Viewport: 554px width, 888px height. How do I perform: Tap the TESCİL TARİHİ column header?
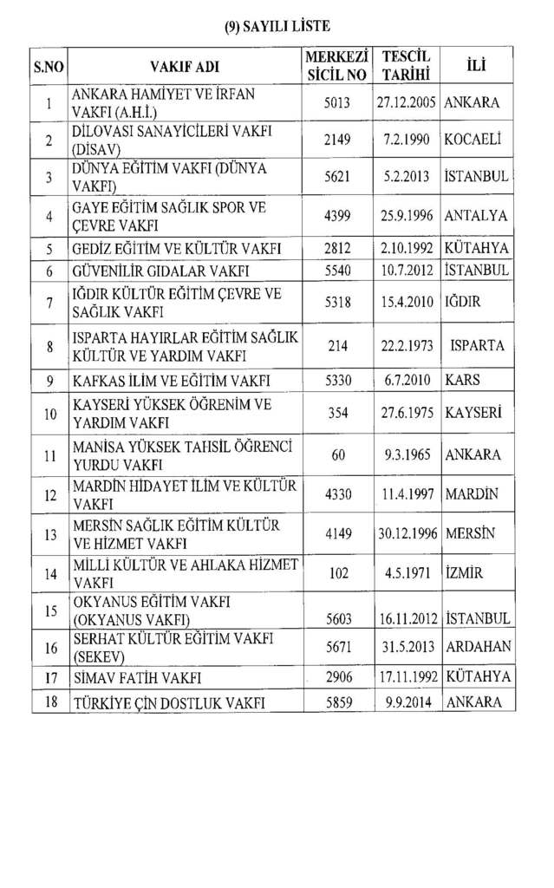point(407,66)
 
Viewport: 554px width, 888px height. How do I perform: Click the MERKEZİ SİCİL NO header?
point(337,66)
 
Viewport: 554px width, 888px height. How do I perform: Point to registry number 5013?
point(337,103)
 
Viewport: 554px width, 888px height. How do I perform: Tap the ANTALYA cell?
point(475,216)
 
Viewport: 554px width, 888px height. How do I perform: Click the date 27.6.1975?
point(407,414)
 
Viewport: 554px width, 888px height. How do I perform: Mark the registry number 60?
point(337,454)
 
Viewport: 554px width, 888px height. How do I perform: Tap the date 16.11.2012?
point(407,619)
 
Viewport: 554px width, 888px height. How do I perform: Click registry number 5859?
point(337,702)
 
